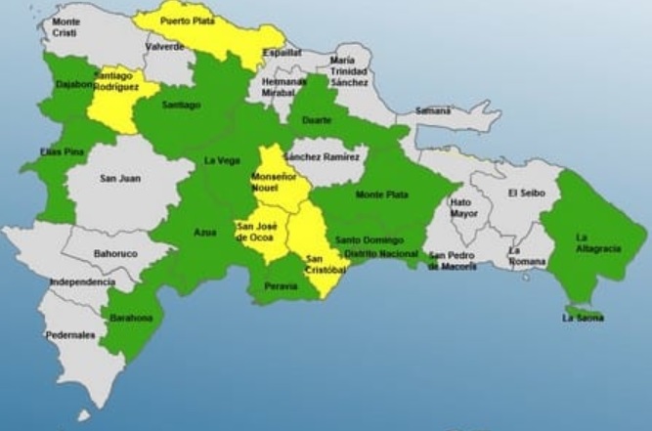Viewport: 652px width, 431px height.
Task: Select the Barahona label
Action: [130, 318]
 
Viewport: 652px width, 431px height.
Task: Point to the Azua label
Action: [205, 232]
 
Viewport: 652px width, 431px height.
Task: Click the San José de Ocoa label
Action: [256, 233]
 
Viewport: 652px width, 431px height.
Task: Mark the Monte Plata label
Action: [381, 194]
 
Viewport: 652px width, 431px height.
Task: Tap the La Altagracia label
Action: [598, 243]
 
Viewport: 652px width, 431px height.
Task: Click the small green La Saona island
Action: [585, 312]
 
